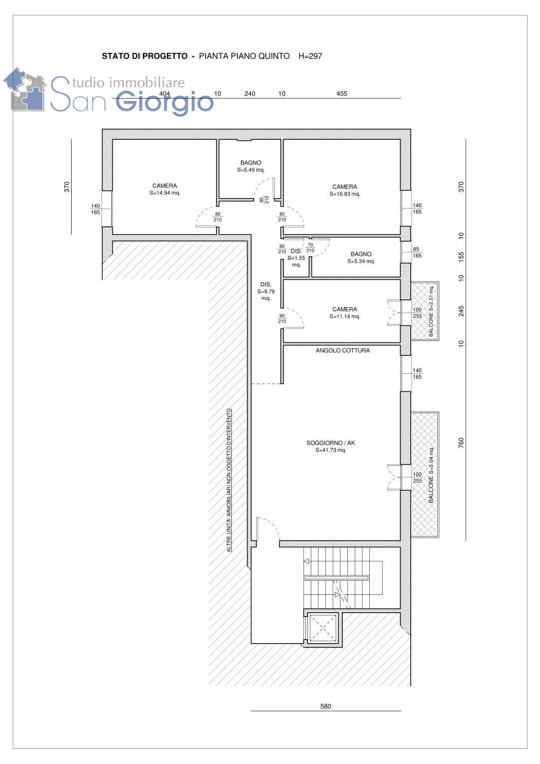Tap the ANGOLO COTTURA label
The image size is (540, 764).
[342, 350]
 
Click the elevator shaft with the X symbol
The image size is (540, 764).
[323, 628]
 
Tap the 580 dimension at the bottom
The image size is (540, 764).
[325, 706]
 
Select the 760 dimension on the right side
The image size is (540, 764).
[461, 442]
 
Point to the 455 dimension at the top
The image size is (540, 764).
[341, 94]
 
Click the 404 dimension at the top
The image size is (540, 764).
[164, 94]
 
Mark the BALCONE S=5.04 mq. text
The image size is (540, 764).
[431, 475]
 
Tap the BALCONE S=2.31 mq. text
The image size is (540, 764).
[431, 311]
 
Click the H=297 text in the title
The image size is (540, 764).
[310, 56]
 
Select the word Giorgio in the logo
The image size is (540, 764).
[165, 102]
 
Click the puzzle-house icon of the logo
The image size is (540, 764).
[24, 90]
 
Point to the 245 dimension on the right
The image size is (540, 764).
[461, 311]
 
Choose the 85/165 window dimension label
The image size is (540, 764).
[416, 252]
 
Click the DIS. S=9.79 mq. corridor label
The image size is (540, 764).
[266, 291]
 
